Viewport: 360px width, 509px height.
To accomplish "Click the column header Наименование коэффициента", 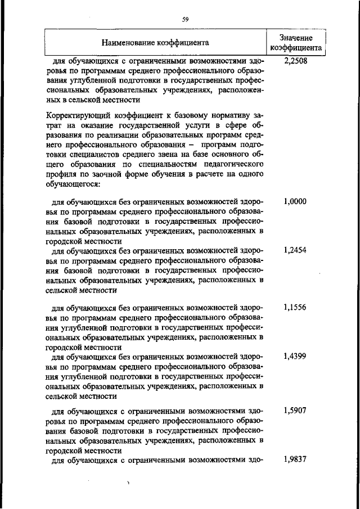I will tap(155, 42).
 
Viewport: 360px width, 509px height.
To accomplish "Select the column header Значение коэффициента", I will tap(296, 42).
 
